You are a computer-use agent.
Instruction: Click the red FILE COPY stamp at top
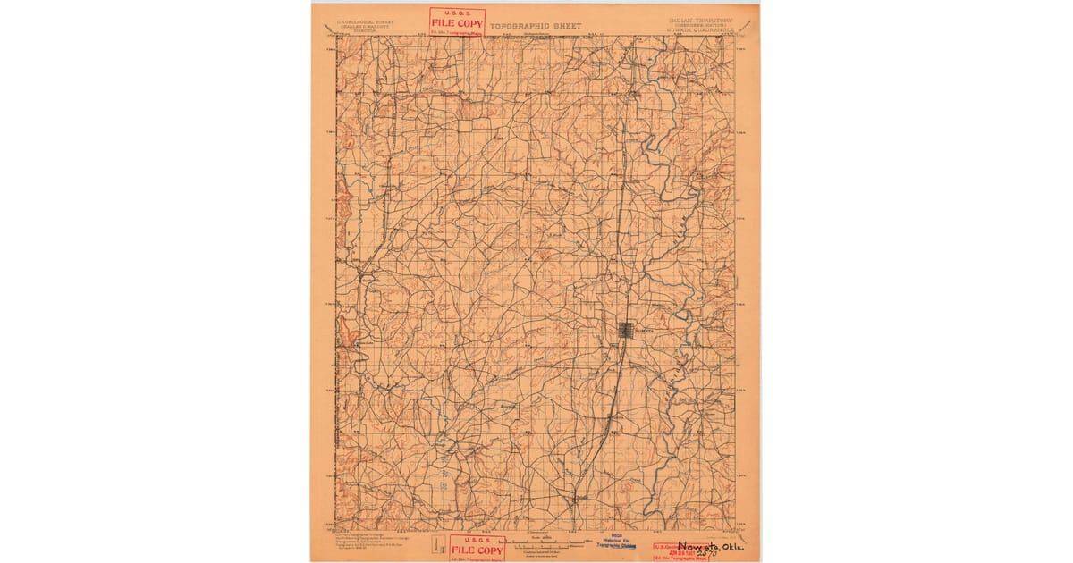pos(457,22)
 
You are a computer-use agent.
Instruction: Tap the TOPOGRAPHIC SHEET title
pos(534,27)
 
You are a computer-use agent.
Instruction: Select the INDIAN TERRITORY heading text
pos(699,20)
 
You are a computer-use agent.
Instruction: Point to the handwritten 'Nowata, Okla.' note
pos(710,547)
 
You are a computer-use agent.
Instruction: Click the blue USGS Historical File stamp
pos(616,543)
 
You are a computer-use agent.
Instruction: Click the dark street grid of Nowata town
pos(628,331)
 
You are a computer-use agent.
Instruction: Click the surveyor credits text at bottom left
pos(367,542)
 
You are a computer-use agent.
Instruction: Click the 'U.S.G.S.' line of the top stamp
pos(457,13)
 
